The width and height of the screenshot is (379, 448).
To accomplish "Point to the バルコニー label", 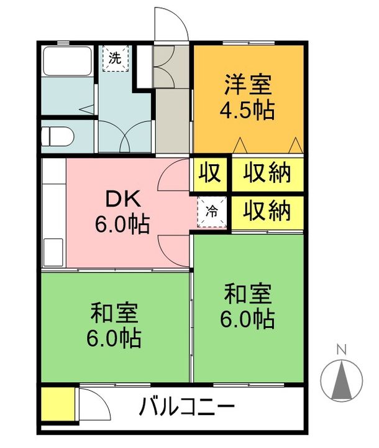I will point(186,409).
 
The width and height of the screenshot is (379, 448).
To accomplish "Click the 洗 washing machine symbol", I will point(114,58).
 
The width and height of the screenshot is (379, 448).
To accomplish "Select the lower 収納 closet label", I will point(267,212).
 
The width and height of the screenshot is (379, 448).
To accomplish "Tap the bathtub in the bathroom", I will point(65,63).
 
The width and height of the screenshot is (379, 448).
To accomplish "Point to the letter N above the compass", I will point(340,350).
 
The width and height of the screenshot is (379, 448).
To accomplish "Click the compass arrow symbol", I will point(340,380).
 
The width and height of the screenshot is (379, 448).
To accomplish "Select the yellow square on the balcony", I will point(57,405).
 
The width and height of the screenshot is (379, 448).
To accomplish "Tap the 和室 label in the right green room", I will point(247,292).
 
